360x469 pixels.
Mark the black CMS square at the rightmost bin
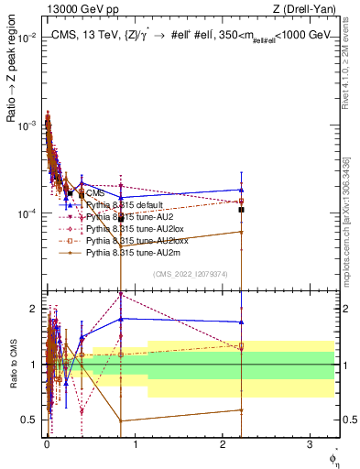(x=241, y=210)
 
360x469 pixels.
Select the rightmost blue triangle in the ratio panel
(x=241, y=322)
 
